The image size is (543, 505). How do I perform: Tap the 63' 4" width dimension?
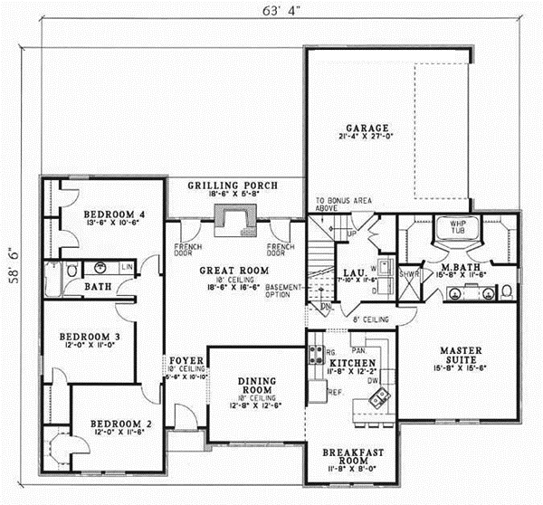(x=271, y=12)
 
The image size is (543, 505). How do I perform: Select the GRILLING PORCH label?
(x=233, y=186)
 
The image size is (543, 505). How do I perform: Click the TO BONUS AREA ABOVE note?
(x=336, y=204)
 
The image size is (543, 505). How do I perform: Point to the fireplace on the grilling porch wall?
(x=234, y=219)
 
